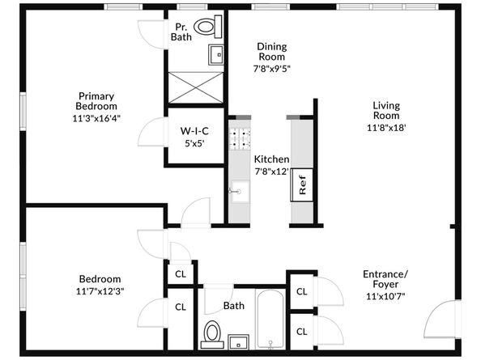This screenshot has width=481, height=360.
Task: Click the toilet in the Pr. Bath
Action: click(209, 27)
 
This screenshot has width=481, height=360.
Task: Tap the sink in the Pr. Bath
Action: click(216, 55)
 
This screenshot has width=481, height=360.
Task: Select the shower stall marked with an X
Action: click(196, 87)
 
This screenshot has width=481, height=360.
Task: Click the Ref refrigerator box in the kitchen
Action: click(302, 184)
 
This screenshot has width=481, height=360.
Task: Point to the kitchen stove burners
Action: click(240, 139)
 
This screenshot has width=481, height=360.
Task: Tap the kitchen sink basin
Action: click(240, 192)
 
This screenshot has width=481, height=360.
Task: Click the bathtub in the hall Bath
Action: click(270, 319)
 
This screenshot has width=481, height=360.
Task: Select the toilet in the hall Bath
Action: click(212, 334)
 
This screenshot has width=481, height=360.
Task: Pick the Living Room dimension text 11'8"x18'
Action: click(386, 128)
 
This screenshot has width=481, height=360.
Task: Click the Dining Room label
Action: click(272, 52)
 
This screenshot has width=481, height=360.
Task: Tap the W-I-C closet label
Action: click(194, 131)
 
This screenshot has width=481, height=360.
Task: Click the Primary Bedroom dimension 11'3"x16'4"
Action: click(96, 118)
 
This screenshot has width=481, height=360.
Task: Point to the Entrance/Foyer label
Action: click(385, 279)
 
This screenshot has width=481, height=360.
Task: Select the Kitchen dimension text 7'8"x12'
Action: click(272, 172)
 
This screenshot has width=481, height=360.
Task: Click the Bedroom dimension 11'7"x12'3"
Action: click(100, 291)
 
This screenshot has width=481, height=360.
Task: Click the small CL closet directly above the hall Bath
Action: click(181, 274)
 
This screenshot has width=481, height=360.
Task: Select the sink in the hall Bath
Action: click(238, 342)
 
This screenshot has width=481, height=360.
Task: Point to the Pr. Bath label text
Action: click(181, 32)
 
